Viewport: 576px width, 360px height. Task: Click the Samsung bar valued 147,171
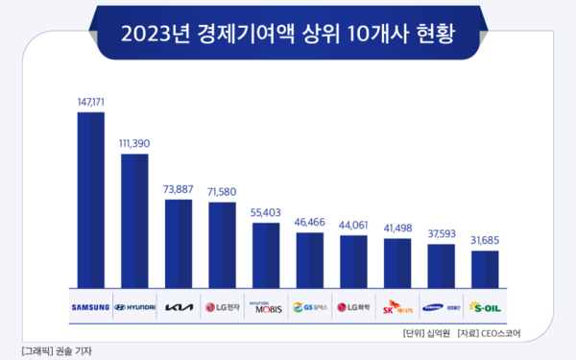(90, 199)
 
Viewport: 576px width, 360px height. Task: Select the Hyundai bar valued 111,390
(134, 219)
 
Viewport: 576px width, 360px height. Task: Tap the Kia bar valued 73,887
(179, 243)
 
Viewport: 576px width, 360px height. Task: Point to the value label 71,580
(222, 192)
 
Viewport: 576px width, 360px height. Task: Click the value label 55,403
(266, 212)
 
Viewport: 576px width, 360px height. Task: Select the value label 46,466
(310, 222)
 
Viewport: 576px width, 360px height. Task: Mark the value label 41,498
(397, 228)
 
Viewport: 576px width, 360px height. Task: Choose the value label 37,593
(442, 232)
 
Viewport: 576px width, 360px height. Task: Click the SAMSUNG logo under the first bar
(90, 308)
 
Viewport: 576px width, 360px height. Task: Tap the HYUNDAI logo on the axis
(134, 308)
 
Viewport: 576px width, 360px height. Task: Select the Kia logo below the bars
(179, 308)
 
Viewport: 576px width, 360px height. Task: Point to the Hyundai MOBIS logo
(266, 307)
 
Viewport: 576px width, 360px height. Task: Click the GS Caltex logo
(310, 308)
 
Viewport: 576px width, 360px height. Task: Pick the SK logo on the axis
(397, 308)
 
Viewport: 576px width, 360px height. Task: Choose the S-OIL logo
(486, 308)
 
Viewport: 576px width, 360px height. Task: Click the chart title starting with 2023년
(288, 33)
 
